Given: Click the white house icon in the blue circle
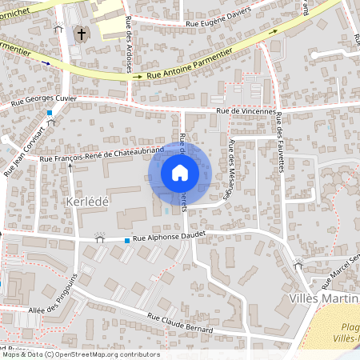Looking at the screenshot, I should click(180, 173).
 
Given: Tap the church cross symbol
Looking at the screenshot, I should click(81, 34).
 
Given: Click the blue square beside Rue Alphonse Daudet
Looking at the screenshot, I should click(126, 240).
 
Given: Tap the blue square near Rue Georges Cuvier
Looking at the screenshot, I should click(50, 113).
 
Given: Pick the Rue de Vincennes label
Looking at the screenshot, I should click(246, 111).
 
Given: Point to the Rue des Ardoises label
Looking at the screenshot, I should click(129, 56).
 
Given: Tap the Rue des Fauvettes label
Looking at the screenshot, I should click(280, 141).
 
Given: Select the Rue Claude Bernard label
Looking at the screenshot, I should click(183, 321).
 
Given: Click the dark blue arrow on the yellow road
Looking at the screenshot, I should click(46, 62).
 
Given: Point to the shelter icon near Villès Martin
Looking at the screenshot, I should click(298, 262).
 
